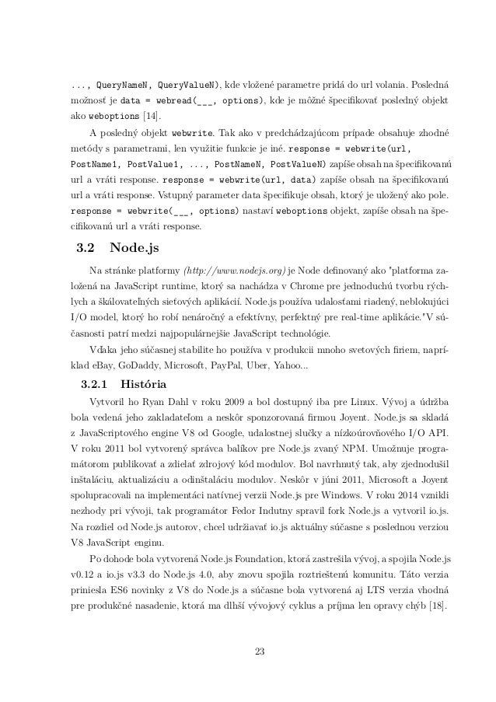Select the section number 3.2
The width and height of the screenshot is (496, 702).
click(x=82, y=249)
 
